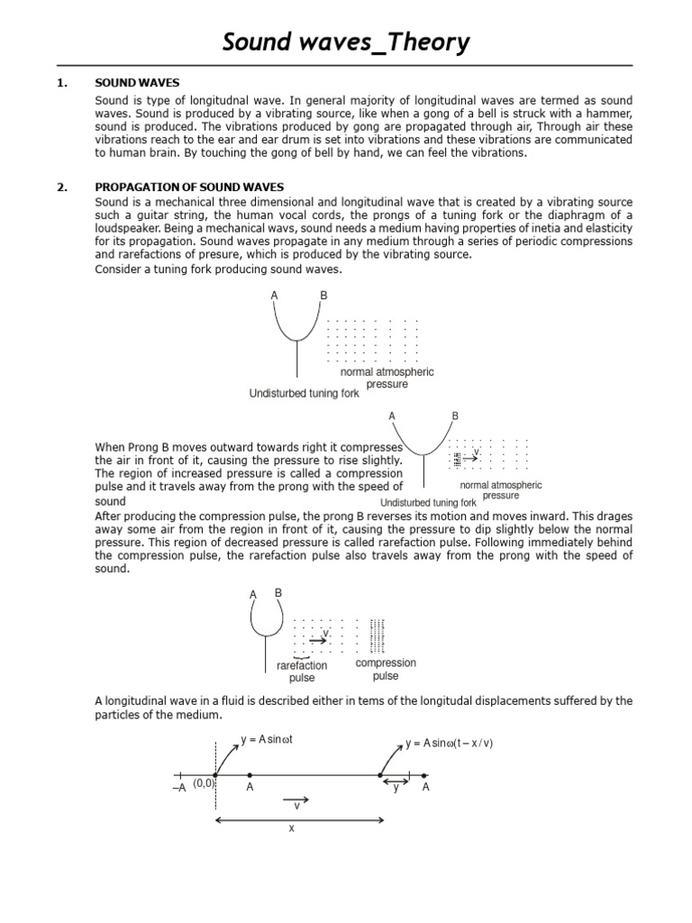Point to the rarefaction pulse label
(x=302, y=672)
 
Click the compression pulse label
(x=386, y=670)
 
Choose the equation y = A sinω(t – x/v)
(x=449, y=743)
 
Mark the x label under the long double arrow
(x=292, y=828)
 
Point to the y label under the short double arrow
(x=396, y=787)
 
